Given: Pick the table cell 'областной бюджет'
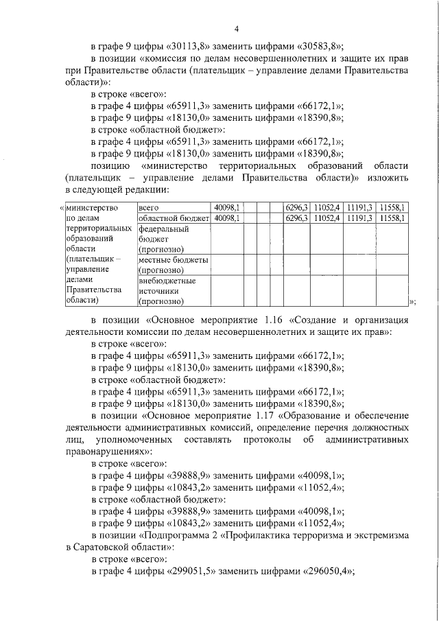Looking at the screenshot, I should click(x=173, y=218).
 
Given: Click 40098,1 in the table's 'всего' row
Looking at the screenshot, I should click(x=226, y=207).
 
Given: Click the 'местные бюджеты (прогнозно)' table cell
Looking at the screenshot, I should click(x=173, y=265).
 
